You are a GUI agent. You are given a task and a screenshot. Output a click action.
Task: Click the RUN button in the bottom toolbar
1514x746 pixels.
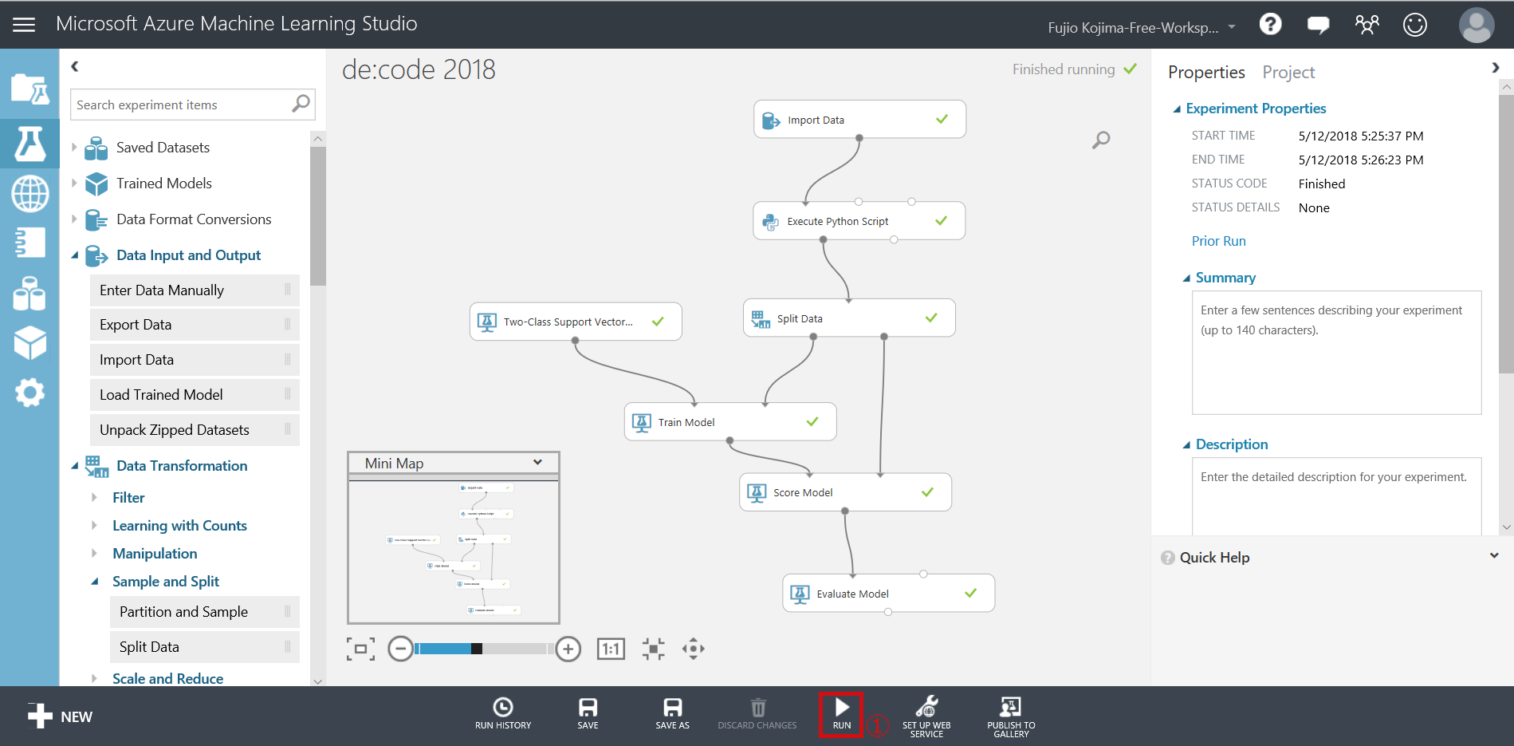(x=841, y=714)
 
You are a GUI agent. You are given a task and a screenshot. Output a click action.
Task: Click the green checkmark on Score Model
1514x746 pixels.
(x=927, y=492)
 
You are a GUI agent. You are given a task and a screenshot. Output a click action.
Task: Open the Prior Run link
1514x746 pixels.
(x=1218, y=241)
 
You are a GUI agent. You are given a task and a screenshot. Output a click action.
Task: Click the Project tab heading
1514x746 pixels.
(x=1288, y=73)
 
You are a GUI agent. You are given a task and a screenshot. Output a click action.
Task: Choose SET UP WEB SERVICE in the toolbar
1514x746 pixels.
(x=926, y=716)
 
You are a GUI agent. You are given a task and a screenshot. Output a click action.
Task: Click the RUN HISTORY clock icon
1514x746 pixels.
(x=503, y=708)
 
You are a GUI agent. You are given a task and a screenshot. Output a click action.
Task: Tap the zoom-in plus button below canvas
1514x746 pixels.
(x=568, y=649)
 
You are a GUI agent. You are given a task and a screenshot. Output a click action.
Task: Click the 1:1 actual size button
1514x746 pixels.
(x=611, y=649)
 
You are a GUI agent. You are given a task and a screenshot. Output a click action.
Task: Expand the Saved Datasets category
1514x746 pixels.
(x=75, y=148)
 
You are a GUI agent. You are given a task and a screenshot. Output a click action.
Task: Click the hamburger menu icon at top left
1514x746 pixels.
(x=24, y=25)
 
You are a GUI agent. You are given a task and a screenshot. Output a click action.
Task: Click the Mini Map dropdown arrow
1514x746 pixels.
(x=537, y=463)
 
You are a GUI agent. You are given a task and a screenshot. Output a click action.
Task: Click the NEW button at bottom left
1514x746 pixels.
(x=60, y=716)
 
